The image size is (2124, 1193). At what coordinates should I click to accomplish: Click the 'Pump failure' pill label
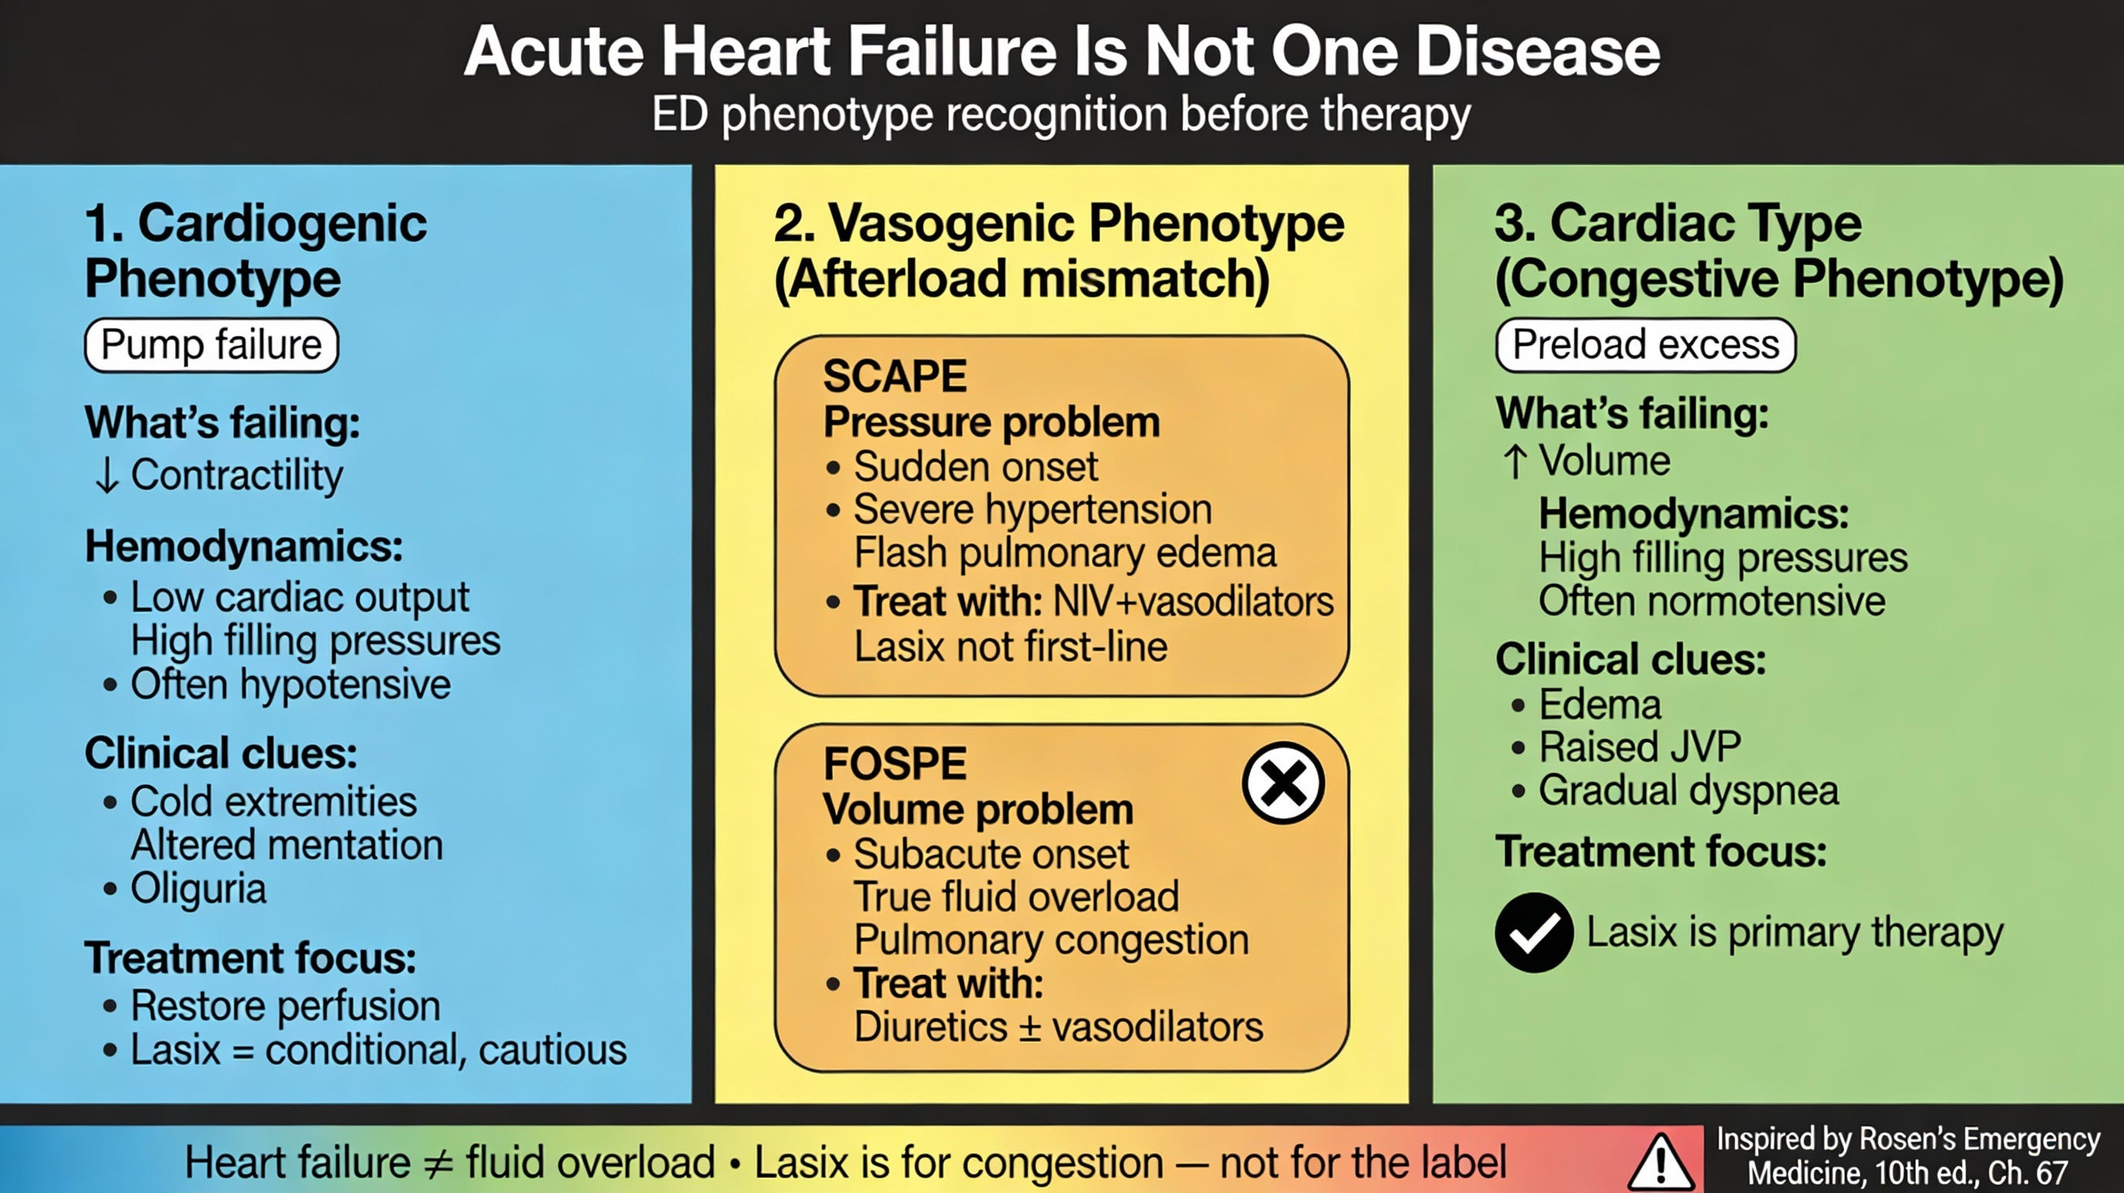pyautogui.click(x=211, y=344)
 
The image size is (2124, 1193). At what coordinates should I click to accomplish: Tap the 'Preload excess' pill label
pyautogui.click(x=1645, y=344)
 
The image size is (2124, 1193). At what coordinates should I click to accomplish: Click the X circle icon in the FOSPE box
pyautogui.click(x=1283, y=783)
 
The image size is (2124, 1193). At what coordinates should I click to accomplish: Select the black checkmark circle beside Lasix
pyautogui.click(x=1533, y=933)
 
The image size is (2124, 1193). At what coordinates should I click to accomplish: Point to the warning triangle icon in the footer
pyautogui.click(x=1661, y=1161)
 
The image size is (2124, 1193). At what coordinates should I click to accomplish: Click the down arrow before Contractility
pyautogui.click(x=107, y=476)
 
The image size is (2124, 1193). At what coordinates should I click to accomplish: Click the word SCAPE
pyautogui.click(x=895, y=377)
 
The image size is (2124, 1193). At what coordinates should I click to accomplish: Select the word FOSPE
pyautogui.click(x=895, y=764)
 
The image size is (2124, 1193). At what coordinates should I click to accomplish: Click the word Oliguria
pyautogui.click(x=198, y=889)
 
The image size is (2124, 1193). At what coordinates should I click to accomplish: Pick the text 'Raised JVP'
pyautogui.click(x=1639, y=747)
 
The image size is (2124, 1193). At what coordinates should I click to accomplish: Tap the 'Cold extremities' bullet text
pyautogui.click(x=273, y=802)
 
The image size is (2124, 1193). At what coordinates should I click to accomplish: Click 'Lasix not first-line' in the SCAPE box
pyautogui.click(x=1010, y=646)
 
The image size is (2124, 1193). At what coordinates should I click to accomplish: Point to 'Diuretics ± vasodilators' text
pyautogui.click(x=1058, y=1027)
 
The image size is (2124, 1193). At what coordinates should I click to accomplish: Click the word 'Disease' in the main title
pyautogui.click(x=1537, y=51)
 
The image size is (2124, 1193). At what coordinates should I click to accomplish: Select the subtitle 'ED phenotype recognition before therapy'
pyautogui.click(x=1061, y=114)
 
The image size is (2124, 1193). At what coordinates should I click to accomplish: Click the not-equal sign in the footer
pyautogui.click(x=438, y=1162)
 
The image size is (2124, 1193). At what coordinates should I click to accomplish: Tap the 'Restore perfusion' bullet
pyautogui.click(x=286, y=1006)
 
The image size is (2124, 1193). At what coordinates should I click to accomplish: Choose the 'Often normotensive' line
pyautogui.click(x=1712, y=600)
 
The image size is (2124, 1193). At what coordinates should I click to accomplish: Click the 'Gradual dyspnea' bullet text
pyautogui.click(x=1688, y=790)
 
